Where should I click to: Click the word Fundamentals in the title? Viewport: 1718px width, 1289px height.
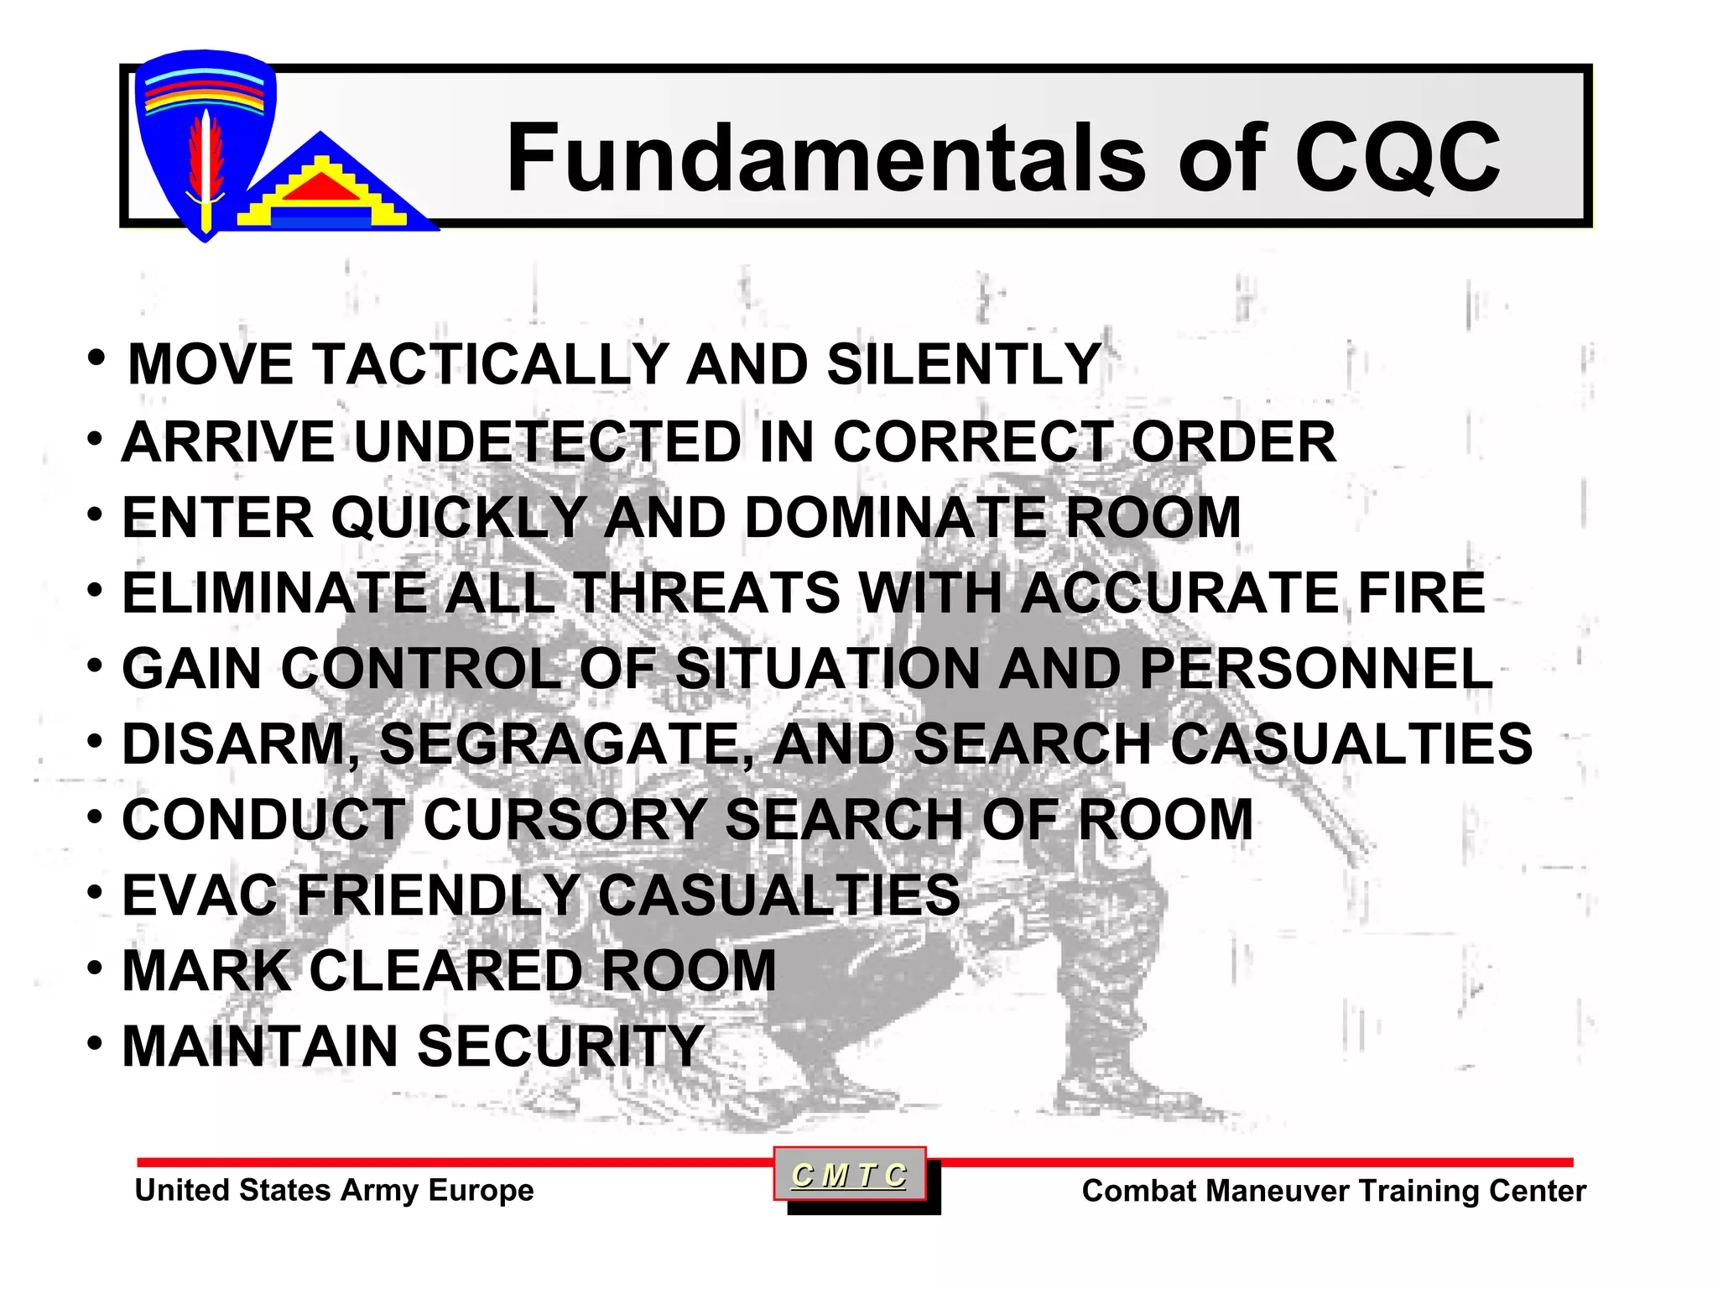tap(826, 158)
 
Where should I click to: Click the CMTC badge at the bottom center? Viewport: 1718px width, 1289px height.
tap(850, 1175)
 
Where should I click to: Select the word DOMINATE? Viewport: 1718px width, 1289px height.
tap(895, 517)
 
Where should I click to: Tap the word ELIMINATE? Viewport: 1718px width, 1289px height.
tap(273, 592)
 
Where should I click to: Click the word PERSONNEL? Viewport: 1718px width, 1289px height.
tap(1316, 669)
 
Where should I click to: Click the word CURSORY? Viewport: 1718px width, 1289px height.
tap(565, 820)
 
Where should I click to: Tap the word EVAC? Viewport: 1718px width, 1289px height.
tap(200, 895)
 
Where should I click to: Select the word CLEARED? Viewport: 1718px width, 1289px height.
tap(446, 971)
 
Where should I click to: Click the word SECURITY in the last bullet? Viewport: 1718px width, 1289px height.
tap(560, 1046)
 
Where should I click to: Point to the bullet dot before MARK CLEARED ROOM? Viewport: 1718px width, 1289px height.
tap(96, 968)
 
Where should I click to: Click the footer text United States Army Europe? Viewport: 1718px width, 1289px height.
tap(334, 1190)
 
